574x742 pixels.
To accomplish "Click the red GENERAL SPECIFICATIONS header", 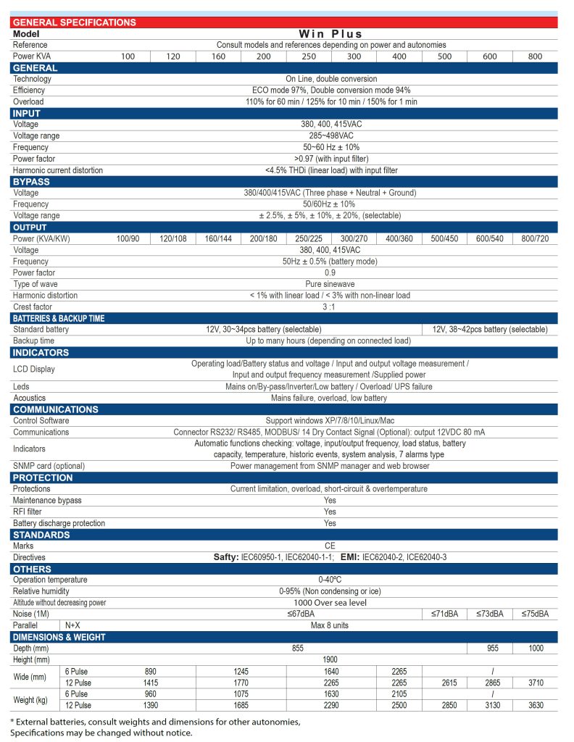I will (x=74, y=22).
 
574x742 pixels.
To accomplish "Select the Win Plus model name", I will (x=330, y=33).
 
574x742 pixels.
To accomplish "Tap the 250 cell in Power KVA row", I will (x=309, y=56).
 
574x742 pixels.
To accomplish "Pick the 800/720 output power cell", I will (x=535, y=238).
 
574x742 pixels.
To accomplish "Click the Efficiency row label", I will (x=29, y=90).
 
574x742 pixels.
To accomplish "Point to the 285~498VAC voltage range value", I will (x=330, y=136).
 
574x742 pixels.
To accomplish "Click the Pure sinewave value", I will (x=330, y=284).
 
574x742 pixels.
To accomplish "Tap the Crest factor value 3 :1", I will (x=330, y=307).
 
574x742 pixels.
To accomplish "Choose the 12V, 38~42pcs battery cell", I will (x=490, y=329).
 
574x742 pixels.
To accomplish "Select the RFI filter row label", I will (x=28, y=512).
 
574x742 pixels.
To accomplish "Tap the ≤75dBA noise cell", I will (x=535, y=614).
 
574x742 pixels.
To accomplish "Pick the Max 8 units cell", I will (x=330, y=625).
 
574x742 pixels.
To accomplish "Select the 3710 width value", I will (x=535, y=682).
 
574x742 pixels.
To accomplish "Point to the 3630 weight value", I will (x=535, y=705).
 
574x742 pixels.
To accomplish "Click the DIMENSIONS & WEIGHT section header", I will (x=59, y=637).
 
